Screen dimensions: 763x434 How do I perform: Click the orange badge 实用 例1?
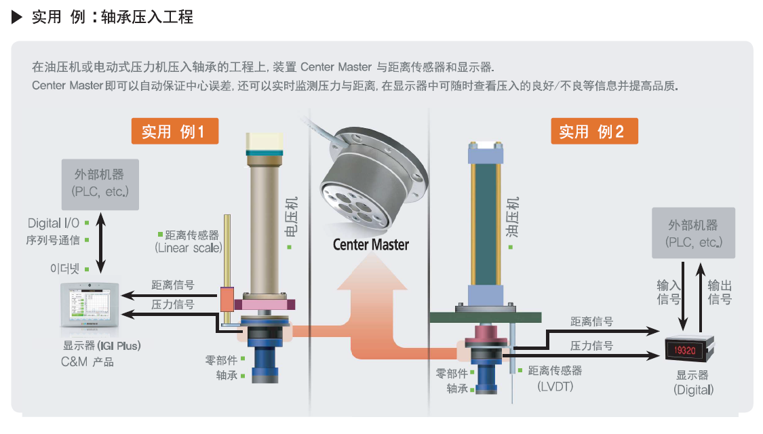tap(175, 131)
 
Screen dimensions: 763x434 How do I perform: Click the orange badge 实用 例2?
tap(594, 131)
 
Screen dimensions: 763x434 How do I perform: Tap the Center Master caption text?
tap(371, 245)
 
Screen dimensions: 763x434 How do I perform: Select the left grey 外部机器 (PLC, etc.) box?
tap(100, 184)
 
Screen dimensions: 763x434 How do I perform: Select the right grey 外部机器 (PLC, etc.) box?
tap(693, 233)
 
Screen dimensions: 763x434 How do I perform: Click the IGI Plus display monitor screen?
tap(90, 305)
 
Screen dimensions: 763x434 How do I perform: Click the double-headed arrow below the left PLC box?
tap(101, 243)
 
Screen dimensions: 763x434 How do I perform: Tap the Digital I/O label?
tap(54, 223)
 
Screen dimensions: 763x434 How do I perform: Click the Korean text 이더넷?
tap(64, 269)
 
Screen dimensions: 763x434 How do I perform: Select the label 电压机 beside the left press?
tap(291, 217)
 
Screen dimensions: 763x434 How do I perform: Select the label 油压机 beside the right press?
tap(513, 217)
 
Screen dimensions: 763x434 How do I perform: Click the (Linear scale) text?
tap(189, 248)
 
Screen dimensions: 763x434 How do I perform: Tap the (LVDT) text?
tap(555, 387)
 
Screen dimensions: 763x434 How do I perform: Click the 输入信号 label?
tap(669, 292)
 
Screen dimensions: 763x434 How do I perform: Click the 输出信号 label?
tap(720, 292)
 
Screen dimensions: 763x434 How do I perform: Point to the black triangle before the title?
tap(17, 17)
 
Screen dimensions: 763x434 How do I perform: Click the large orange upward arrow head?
tap(372, 273)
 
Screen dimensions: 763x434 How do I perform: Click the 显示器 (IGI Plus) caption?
tap(102, 346)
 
